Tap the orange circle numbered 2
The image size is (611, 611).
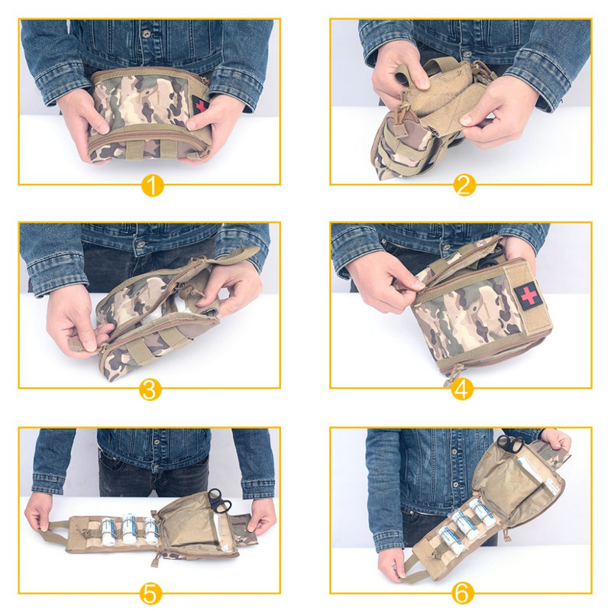tap(461, 186)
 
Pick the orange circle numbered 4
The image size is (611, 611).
tap(461, 390)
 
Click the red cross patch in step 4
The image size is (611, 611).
tap(527, 294)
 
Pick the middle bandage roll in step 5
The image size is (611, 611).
tap(129, 527)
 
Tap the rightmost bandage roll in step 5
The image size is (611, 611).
tap(150, 527)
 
